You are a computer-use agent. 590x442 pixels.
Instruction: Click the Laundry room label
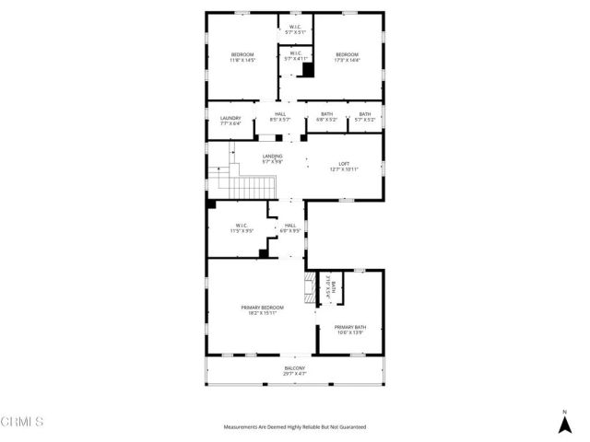pos(230,118)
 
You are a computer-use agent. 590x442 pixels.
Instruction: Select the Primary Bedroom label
pos(263,307)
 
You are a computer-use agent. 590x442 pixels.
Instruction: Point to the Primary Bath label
pos(350,327)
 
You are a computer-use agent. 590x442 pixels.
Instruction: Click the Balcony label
pos(295,368)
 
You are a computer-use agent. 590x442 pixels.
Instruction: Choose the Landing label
pos(272,157)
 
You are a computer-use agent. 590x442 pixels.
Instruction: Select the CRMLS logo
pos(22,423)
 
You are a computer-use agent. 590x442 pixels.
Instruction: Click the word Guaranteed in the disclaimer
pos(349,427)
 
